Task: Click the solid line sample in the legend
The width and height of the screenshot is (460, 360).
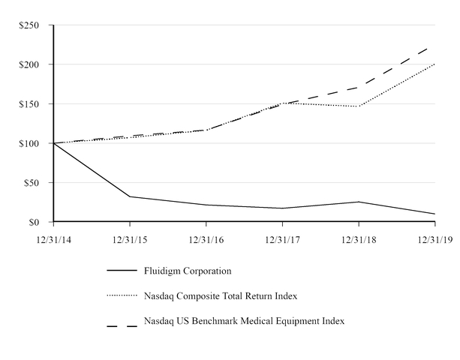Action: click(122, 271)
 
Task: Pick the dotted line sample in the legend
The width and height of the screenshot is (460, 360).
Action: click(122, 296)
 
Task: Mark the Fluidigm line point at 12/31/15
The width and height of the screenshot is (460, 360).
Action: click(131, 196)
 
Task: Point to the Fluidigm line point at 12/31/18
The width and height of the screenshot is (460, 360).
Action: click(359, 202)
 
